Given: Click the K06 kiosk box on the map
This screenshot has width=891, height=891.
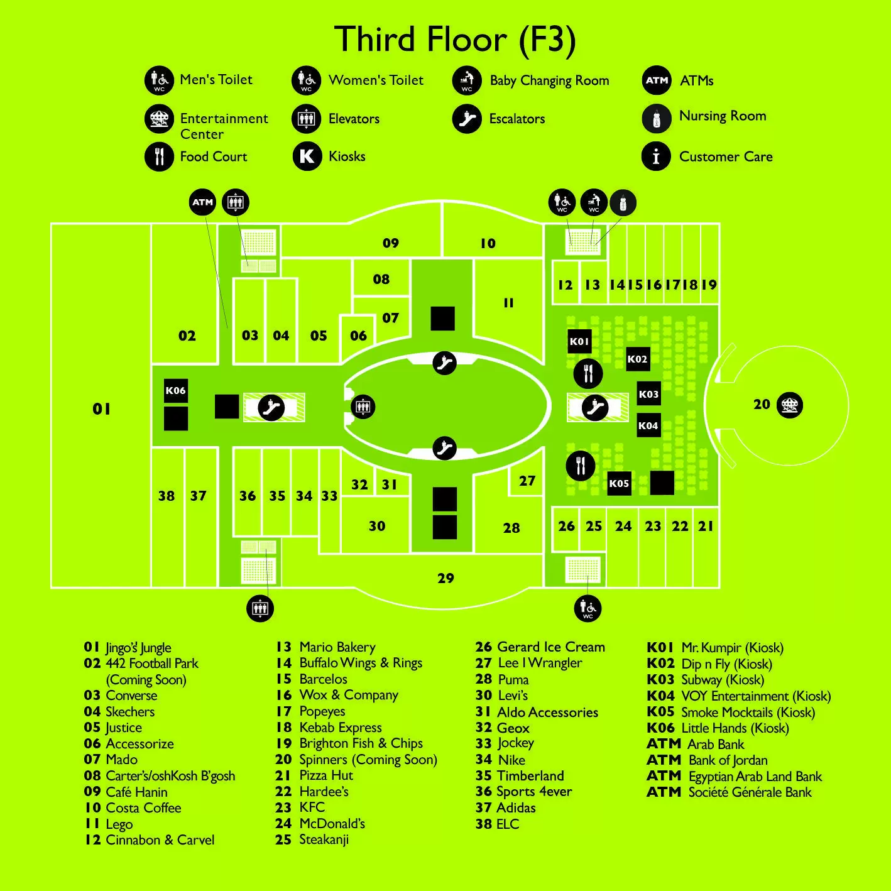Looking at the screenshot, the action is (x=176, y=391).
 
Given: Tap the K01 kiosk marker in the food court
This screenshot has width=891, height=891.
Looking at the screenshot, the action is (x=579, y=341).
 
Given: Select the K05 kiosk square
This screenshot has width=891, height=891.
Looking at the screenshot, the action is (x=619, y=483).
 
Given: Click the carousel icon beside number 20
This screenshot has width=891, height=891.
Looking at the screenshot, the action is (x=790, y=405).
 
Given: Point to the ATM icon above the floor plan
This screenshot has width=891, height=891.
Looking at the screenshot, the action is (x=202, y=202).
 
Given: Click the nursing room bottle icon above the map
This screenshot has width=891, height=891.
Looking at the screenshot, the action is (x=623, y=202).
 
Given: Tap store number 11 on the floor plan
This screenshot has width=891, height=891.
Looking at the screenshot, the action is (x=508, y=303).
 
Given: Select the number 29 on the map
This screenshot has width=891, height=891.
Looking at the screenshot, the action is (x=445, y=578).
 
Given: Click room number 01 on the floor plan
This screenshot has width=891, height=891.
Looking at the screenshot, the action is (x=102, y=408).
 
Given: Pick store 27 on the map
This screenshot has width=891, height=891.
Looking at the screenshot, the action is (x=527, y=481).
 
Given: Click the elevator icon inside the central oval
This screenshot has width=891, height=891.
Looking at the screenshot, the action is (x=363, y=407).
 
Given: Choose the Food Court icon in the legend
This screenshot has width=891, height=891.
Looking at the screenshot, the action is (x=159, y=156).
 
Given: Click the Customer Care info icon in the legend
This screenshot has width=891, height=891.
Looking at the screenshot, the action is (x=656, y=156).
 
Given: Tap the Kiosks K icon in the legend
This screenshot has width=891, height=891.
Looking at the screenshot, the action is (x=307, y=156).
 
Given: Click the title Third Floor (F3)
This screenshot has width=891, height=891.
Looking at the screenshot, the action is (x=455, y=40).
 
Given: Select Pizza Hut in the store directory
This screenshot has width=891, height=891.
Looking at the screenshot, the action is (x=326, y=775).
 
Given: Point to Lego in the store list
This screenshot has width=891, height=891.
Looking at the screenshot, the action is (x=119, y=824).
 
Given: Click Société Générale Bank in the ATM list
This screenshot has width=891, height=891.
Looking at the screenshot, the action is (x=750, y=792).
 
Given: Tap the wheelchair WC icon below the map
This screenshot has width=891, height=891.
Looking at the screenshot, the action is (x=588, y=608).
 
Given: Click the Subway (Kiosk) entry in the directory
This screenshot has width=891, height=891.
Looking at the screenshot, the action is (x=723, y=680).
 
